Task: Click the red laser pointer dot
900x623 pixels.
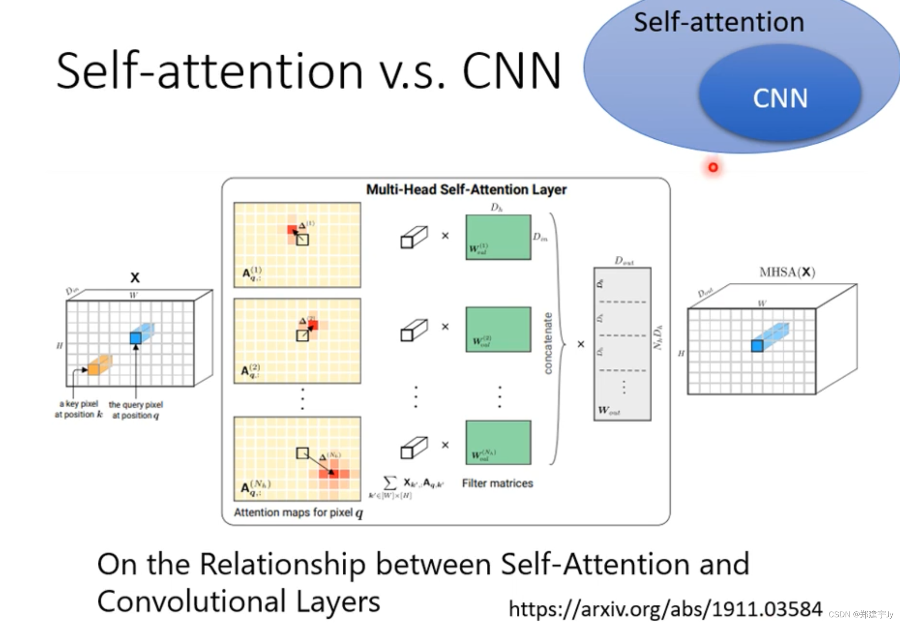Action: coord(713,167)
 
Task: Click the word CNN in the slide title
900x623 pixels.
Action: coord(512,71)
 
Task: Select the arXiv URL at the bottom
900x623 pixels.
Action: coord(665,609)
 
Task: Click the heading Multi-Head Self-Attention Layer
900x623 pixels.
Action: coord(466,190)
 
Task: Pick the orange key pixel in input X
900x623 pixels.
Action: coord(94,369)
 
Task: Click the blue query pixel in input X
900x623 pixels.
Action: coord(136,338)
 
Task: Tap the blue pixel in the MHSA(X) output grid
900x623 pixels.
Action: coord(757,346)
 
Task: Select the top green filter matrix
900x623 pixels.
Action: coord(498,237)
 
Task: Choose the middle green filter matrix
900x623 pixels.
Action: coord(498,329)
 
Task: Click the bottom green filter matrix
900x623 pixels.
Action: coord(498,442)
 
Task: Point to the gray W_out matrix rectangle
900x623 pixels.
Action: coord(622,344)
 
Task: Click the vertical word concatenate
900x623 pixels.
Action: coord(548,343)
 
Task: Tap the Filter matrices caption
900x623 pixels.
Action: coord(497,483)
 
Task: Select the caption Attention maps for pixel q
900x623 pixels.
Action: coord(298,513)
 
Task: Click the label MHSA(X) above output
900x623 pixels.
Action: coord(787,272)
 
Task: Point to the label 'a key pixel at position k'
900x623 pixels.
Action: coord(79,409)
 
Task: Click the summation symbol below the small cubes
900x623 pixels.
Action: coord(390,482)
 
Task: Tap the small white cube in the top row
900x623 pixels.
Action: coord(414,237)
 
